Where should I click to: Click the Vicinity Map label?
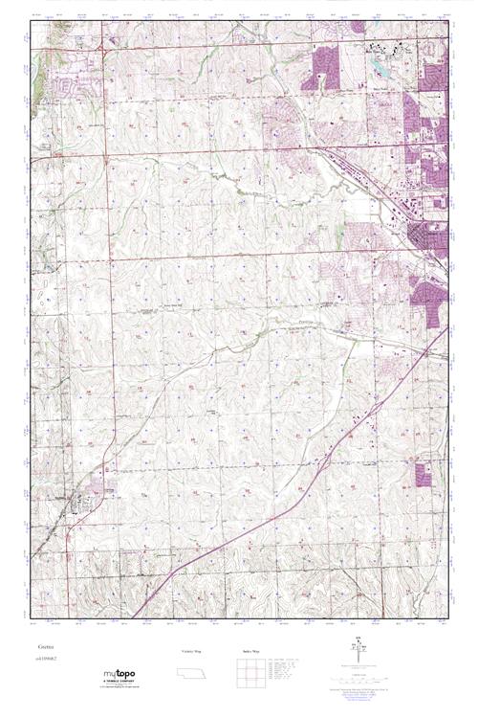click(190, 650)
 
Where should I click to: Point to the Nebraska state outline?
click(191, 670)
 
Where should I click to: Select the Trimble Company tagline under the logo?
click(121, 684)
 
